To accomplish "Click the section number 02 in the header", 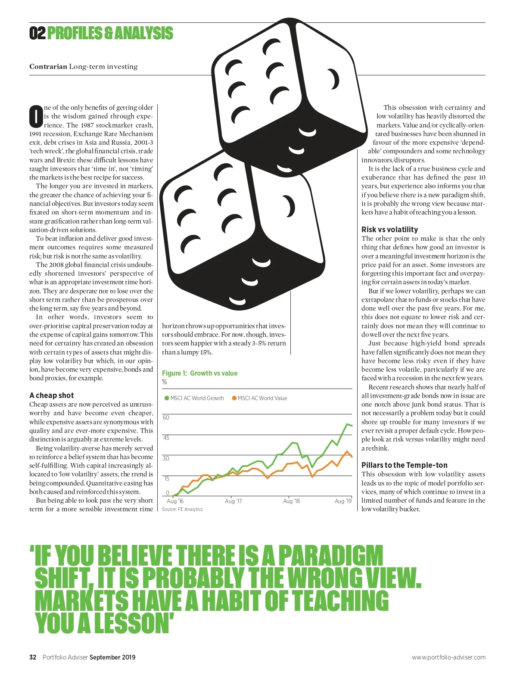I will tap(37, 33).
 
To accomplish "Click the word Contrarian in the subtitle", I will tap(48, 66).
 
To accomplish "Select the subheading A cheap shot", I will tap(51, 395).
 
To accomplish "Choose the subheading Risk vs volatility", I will tap(389, 230).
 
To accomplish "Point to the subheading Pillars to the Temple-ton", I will tap(404, 465).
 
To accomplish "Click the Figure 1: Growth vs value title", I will tap(199, 373).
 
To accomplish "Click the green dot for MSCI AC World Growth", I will tap(167, 398).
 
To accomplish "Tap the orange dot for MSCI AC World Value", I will tap(234, 398).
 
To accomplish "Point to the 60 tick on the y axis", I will tap(166, 417).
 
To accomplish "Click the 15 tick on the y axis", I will tap(166, 479).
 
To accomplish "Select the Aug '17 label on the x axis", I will tap(233, 501).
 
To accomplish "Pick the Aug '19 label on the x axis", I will tap(343, 501).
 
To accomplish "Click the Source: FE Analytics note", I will tap(182, 509).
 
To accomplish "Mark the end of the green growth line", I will tap(352, 426).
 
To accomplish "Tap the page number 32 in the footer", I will tap(33, 657).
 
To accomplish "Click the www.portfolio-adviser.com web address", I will tap(448, 657).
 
